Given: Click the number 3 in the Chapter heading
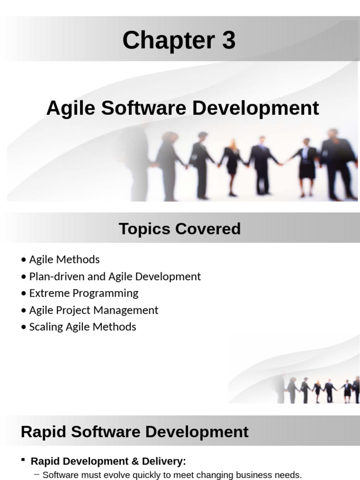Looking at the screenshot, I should (228, 41).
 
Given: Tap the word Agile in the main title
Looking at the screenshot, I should (70, 108).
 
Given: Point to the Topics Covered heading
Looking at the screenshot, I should (180, 229).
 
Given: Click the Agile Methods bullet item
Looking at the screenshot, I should (64, 259).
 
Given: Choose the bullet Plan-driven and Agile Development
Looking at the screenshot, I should (115, 276).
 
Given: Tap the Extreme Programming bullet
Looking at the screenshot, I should (83, 293).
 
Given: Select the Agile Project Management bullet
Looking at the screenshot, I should (94, 310).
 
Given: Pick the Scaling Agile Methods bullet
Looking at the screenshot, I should (82, 327).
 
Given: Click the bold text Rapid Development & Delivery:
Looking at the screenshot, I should (108, 461).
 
